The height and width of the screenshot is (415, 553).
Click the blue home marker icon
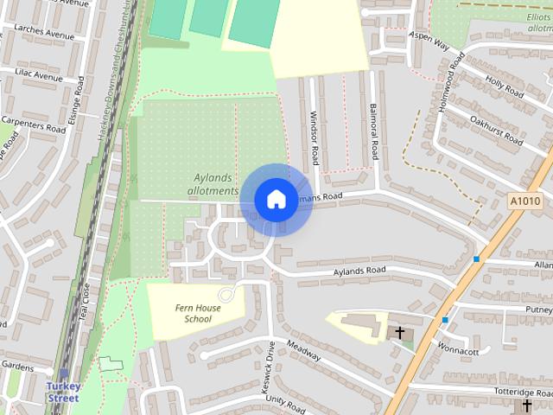click(276, 199)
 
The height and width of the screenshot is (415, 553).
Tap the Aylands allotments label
click(211, 184)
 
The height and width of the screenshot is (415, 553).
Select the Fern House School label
click(193, 313)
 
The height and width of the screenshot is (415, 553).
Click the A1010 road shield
click(524, 201)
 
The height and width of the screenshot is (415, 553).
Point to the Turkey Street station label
click(62, 393)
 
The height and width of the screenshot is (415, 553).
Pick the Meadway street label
click(303, 351)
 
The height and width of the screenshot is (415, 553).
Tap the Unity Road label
click(286, 403)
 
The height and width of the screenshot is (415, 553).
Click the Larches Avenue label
click(45, 35)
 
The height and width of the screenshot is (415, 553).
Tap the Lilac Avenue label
click(39, 77)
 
